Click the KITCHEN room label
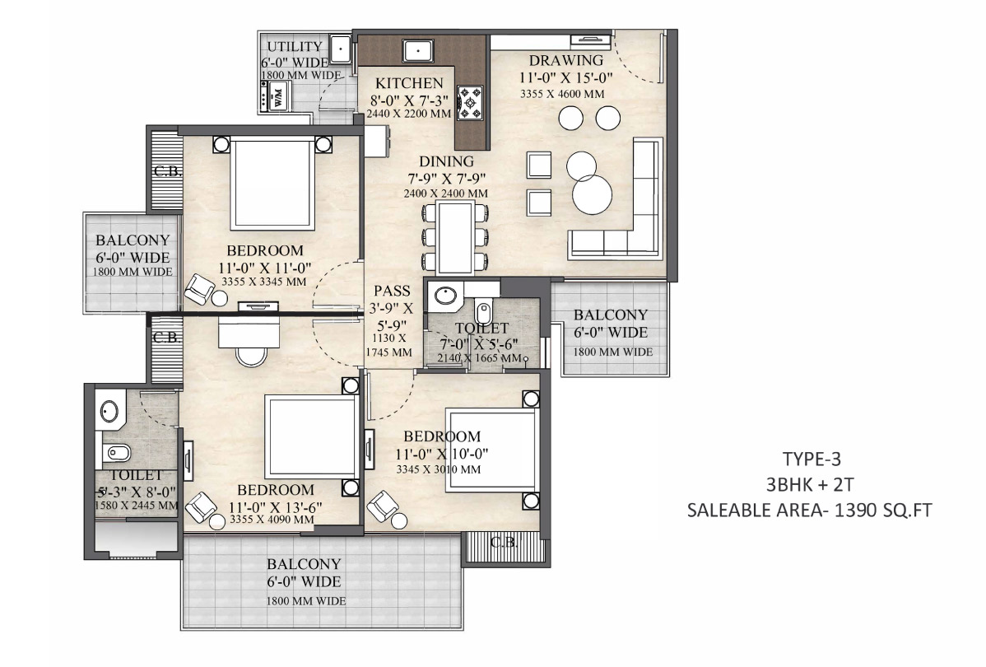point(409,83)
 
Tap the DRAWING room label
point(566,60)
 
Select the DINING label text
point(446,161)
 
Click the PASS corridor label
point(392,291)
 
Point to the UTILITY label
point(295,47)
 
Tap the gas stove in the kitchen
point(470,103)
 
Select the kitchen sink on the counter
point(417,50)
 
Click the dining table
point(455,237)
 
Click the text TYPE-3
point(812,459)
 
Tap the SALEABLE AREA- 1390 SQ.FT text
point(809,510)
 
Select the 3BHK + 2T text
point(810,484)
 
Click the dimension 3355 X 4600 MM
point(562,94)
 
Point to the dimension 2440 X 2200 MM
point(409,114)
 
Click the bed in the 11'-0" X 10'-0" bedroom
point(491,450)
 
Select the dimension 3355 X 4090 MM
point(272,520)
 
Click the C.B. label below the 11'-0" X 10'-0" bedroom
point(504,542)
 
